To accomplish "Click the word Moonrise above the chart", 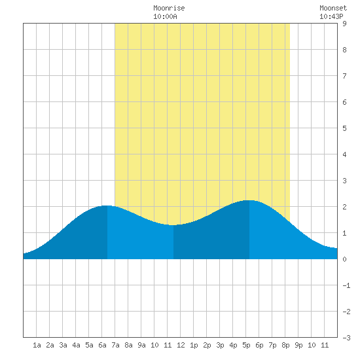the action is click(169, 8).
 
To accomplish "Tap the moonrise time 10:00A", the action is click(165, 16).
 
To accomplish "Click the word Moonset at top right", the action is click(333, 8).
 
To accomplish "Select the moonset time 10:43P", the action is click(331, 16).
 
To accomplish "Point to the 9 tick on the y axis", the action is click(344, 24).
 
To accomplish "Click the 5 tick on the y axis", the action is click(344, 128).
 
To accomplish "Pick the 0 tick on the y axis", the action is click(344, 259).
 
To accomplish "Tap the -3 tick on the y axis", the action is click(346, 338).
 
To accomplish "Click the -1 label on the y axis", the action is click(346, 285).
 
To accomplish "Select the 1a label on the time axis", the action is click(37, 345).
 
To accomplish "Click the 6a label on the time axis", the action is click(102, 345).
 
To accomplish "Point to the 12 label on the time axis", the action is click(181, 345).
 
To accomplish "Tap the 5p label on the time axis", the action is click(246, 345).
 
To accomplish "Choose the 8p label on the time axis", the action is click(285, 345).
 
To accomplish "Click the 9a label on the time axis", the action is click(141, 345).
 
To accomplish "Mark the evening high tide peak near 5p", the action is click(249, 200).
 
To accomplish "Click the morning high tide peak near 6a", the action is click(107, 206).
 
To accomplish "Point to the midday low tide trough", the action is click(173, 225).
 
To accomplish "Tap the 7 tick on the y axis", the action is click(344, 76).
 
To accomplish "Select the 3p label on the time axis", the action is click(220, 345).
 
